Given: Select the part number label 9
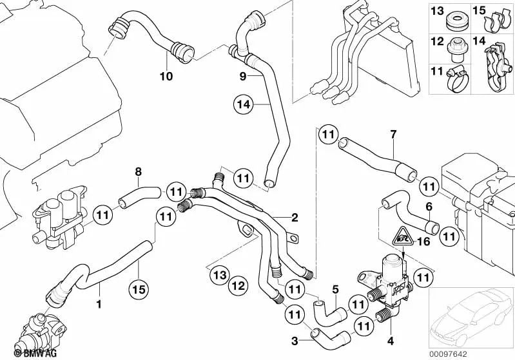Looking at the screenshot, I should coord(243,75).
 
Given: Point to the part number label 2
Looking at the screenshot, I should coord(294,217).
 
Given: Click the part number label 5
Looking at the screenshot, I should coord(336,289).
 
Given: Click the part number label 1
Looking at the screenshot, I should coord(99,302).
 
